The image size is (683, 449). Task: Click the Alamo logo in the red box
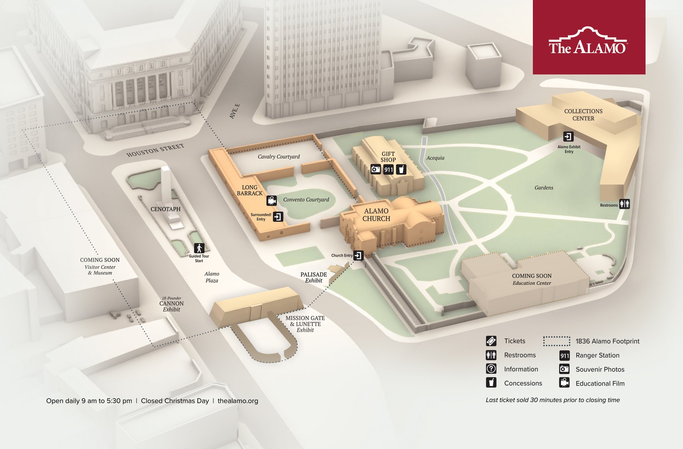(x=588, y=41)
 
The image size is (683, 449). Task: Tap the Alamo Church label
(x=376, y=215)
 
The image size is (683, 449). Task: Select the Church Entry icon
(x=359, y=255)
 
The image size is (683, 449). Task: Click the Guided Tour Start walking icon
(x=199, y=248)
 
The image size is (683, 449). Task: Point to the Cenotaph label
(x=165, y=209)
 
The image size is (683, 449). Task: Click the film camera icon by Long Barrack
(x=272, y=201)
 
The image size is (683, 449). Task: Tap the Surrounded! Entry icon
(x=278, y=217)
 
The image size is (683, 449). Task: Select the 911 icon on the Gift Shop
(x=388, y=170)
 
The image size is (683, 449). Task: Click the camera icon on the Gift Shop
(x=376, y=169)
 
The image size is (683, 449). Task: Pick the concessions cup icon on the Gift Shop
(x=401, y=169)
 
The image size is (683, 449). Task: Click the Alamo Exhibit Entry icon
(x=568, y=137)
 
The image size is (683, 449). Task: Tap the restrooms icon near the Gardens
(x=624, y=204)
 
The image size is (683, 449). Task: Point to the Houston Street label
(x=155, y=150)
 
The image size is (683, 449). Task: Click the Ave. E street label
(x=234, y=111)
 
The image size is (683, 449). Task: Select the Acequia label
(x=435, y=158)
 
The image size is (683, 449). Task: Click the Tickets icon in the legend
(x=491, y=341)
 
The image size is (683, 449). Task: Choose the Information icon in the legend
(x=491, y=369)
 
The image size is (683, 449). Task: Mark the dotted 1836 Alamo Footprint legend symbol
(x=557, y=341)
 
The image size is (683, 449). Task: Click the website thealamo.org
(x=238, y=401)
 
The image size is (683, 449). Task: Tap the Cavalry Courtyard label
(x=279, y=157)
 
